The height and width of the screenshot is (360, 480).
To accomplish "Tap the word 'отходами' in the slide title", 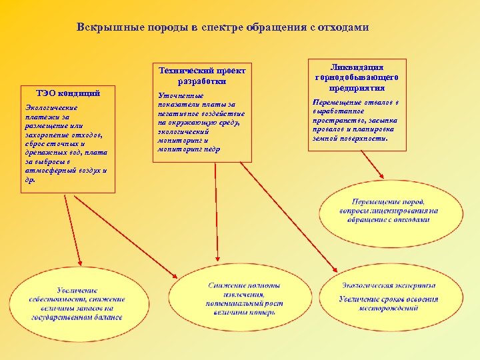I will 344,28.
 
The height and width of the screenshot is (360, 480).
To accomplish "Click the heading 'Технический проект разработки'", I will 202,75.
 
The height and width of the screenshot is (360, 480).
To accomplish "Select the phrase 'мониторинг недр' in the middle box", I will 189,149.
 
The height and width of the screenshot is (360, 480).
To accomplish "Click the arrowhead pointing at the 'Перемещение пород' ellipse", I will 381,175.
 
